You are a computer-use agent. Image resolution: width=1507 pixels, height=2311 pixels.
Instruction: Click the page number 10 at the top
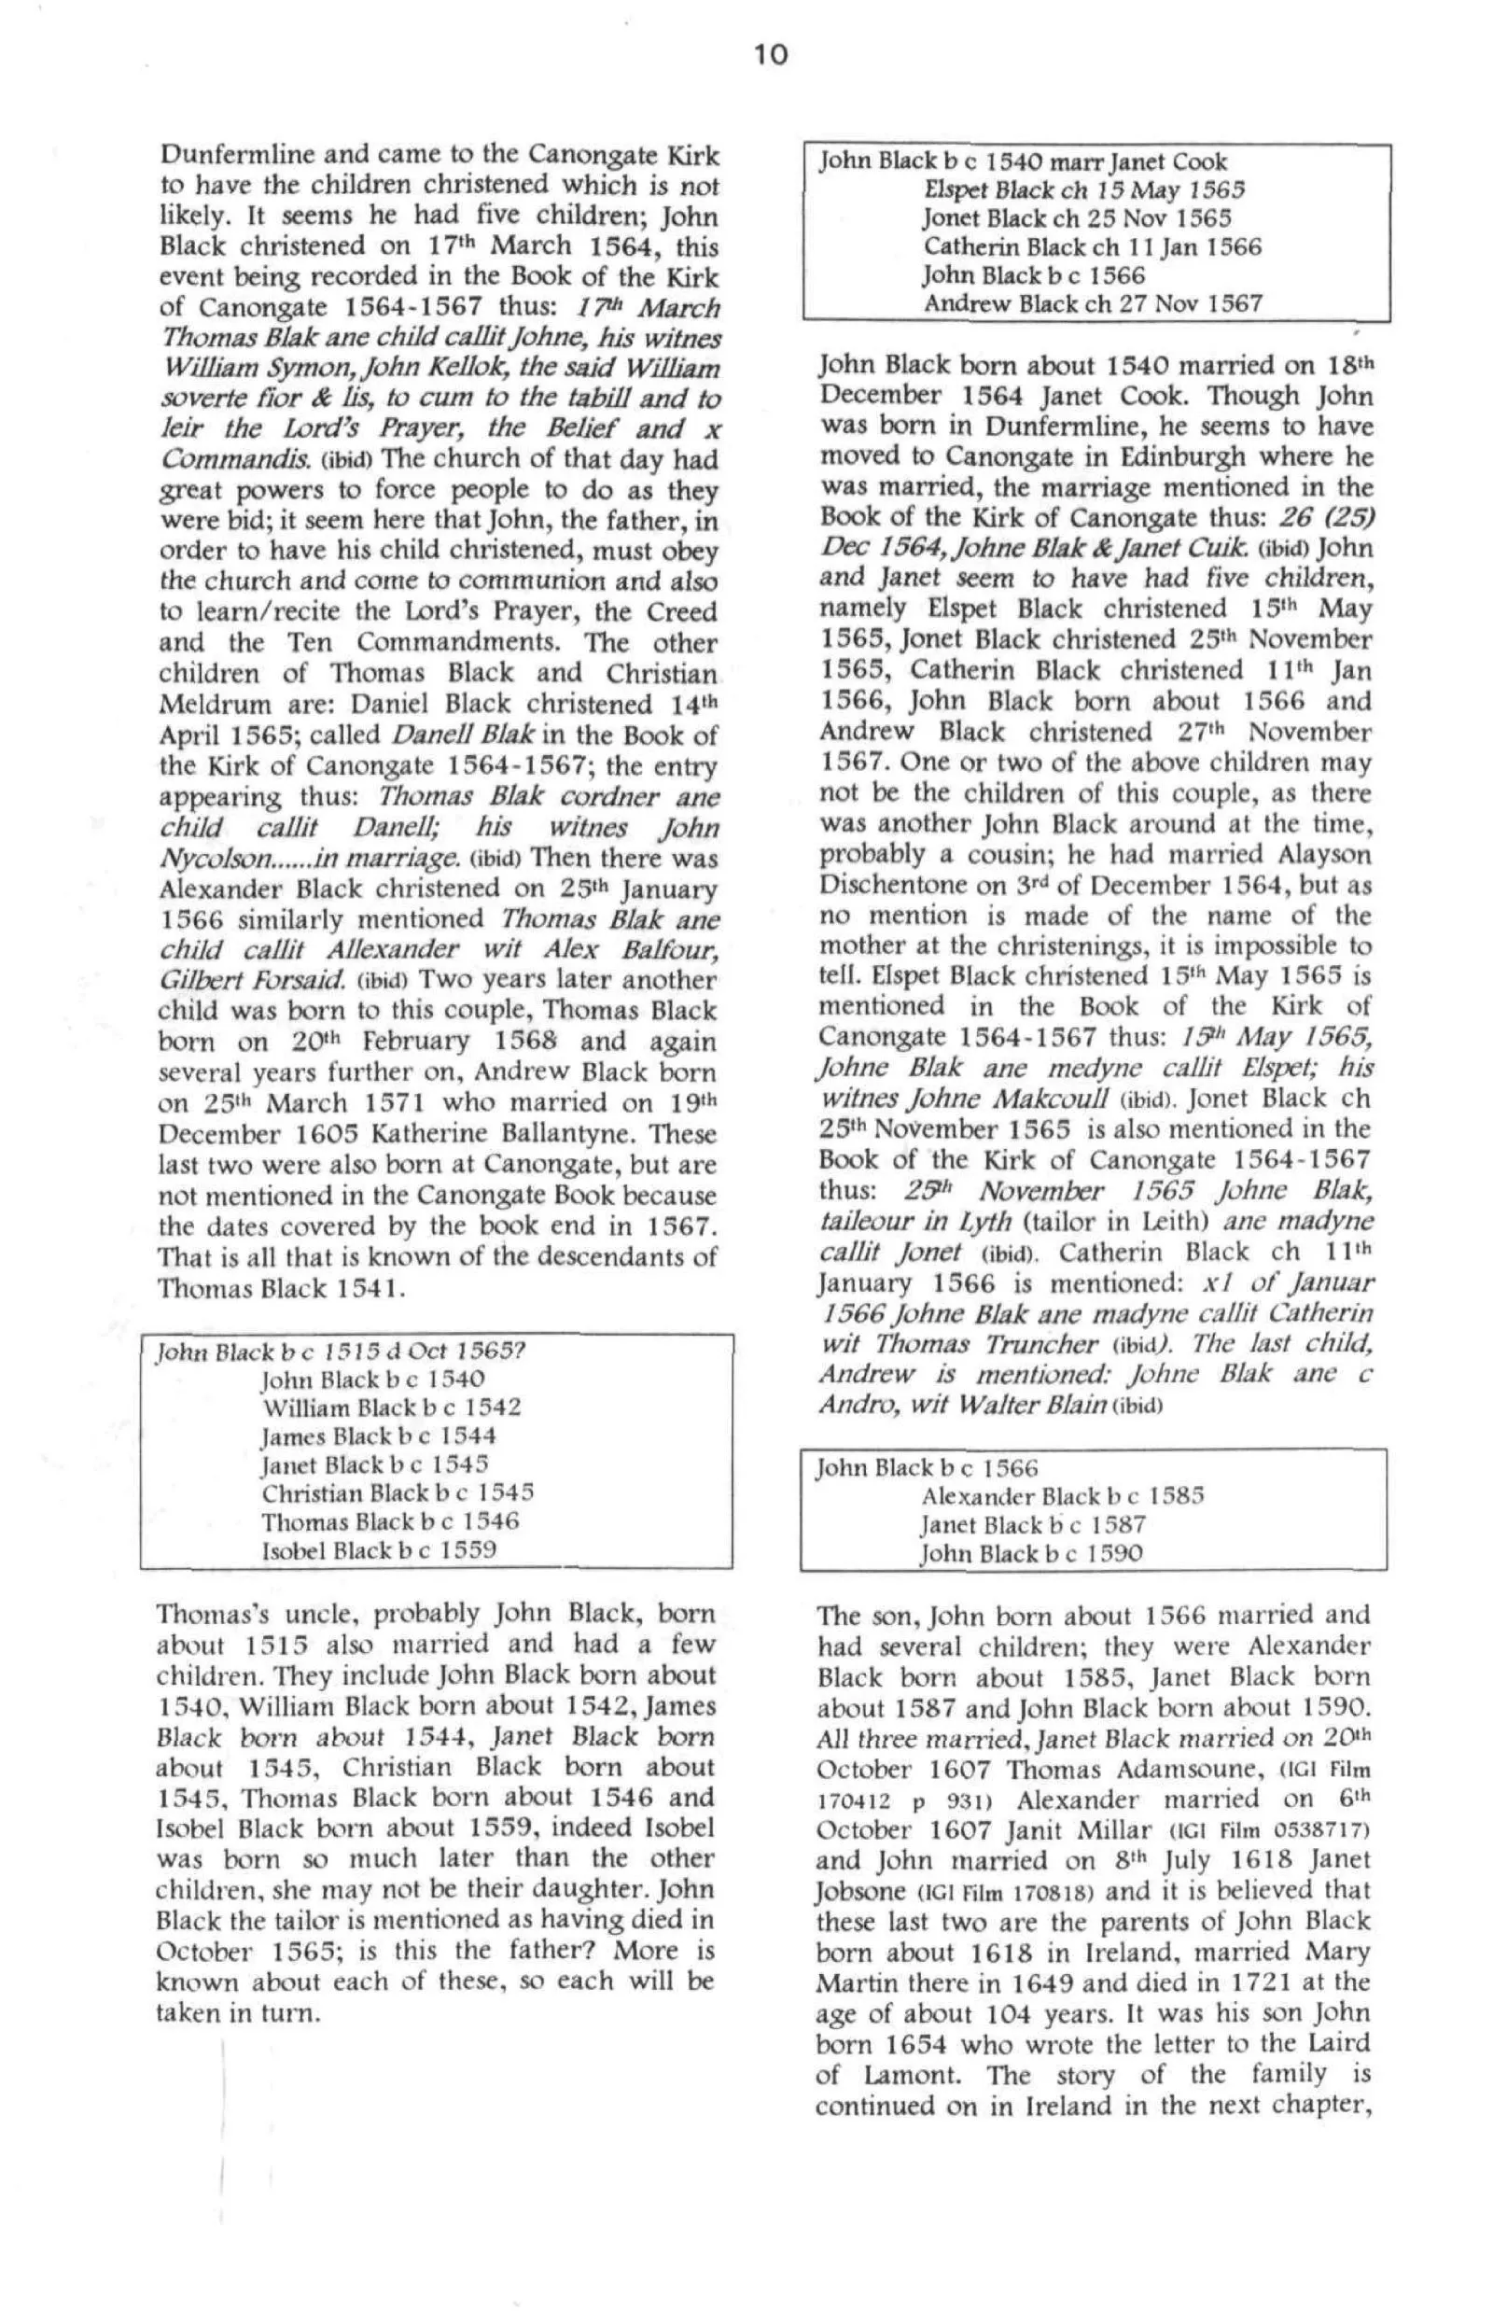770,55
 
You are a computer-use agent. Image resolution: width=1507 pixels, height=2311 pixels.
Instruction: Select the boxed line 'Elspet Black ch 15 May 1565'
1083,190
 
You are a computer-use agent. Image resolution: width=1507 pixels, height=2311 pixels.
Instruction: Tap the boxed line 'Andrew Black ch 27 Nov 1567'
1093,304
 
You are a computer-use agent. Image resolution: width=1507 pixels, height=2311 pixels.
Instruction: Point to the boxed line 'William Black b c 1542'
390,1407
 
